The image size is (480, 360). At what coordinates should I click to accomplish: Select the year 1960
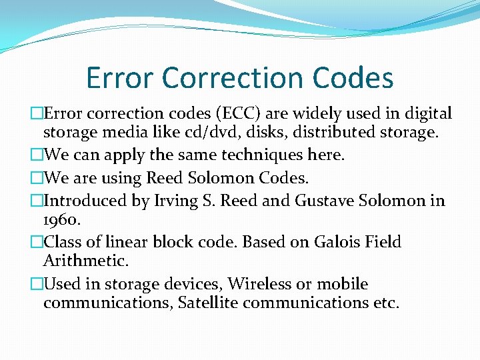(x=61, y=220)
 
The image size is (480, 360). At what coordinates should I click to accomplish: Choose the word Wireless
(x=259, y=283)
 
